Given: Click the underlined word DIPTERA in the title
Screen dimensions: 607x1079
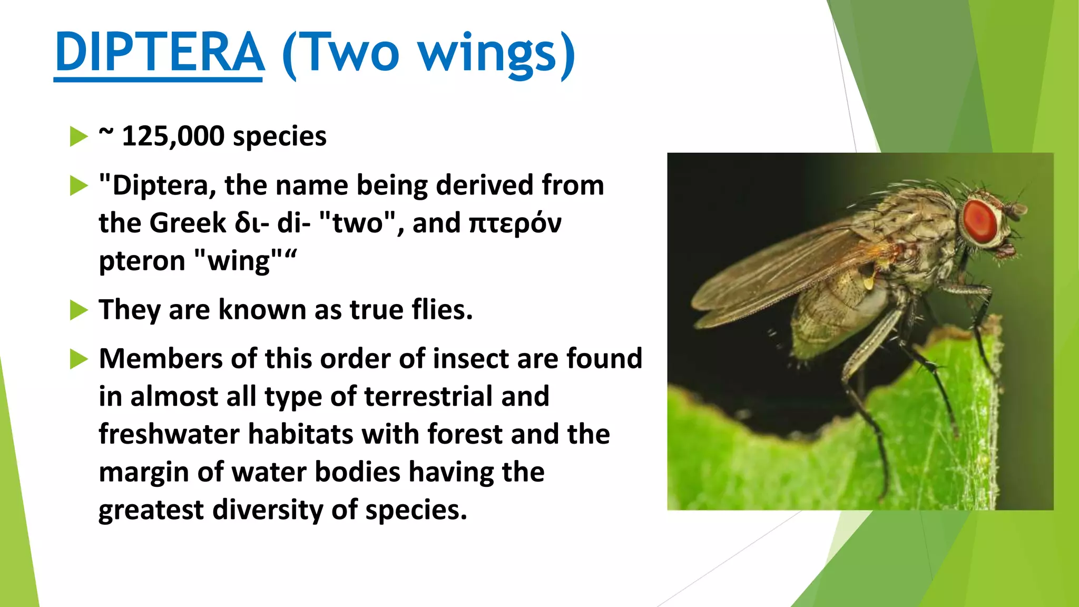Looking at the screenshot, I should click(x=159, y=53).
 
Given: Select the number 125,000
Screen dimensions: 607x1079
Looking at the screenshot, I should click(x=173, y=136).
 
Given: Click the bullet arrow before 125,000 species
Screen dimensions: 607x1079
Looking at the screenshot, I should click(x=79, y=136).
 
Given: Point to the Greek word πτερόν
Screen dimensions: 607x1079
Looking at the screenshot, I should click(x=515, y=223).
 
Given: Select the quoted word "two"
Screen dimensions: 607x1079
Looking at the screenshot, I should click(x=358, y=223).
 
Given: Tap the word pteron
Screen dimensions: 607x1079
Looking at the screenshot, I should click(x=142, y=261).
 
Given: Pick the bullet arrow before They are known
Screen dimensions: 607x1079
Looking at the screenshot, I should click(x=79, y=310).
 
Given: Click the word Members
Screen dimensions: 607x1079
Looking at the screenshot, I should click(x=160, y=359).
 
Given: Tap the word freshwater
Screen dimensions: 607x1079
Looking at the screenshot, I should click(x=169, y=435).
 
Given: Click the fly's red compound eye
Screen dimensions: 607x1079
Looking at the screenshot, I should click(x=979, y=221).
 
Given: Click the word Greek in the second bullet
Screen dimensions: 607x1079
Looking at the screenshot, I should click(x=188, y=223).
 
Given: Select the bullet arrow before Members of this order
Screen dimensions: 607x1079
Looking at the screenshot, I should click(x=79, y=359).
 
